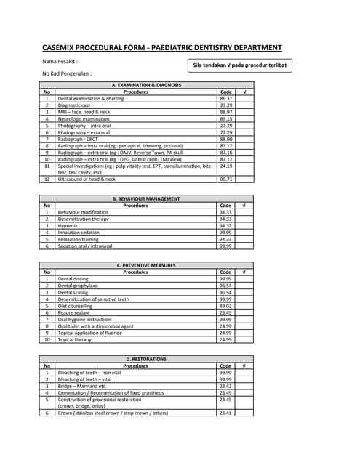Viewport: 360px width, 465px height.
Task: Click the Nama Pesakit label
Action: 60,62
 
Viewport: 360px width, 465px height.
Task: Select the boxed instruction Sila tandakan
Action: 239,65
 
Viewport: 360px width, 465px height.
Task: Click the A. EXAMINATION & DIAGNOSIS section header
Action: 146,85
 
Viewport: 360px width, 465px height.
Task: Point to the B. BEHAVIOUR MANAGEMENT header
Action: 146,198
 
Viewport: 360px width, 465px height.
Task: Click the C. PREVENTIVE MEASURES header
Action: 146,265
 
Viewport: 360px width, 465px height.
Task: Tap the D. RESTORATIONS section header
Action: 146,359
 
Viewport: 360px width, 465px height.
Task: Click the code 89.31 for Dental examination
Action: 225,99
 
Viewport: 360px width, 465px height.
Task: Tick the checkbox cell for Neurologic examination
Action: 245,119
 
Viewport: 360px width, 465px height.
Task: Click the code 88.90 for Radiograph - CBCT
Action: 225,139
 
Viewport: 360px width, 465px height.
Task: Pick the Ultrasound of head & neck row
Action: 87,179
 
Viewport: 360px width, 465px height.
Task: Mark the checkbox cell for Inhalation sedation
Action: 245,232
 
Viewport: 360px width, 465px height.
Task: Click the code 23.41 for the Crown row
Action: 225,413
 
